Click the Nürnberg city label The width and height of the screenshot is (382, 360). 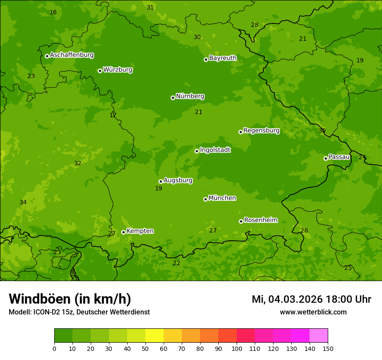(190, 96)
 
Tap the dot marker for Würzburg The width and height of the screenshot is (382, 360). (100, 71)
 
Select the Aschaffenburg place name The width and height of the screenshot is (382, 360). (72, 55)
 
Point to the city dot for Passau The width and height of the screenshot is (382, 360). (326, 158)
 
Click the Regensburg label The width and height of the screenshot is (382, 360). (261, 131)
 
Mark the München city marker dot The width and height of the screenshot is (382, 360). (205, 199)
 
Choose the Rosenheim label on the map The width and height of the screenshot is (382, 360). (260, 220)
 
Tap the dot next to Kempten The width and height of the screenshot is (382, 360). (123, 232)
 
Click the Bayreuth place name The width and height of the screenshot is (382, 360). (223, 58)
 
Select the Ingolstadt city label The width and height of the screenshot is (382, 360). (215, 150)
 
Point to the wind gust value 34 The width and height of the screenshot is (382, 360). (23, 202)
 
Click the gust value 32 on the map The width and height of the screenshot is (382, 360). (78, 164)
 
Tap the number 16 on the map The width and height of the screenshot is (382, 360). (53, 12)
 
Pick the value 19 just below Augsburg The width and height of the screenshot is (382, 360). (158, 188)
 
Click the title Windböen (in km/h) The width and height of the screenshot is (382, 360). (70, 299)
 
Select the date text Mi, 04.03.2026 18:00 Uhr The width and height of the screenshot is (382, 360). (311, 299)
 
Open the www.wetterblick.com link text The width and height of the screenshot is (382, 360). (313, 312)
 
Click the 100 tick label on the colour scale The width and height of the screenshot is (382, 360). (237, 348)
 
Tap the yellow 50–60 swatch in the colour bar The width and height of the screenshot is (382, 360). (155, 336)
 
